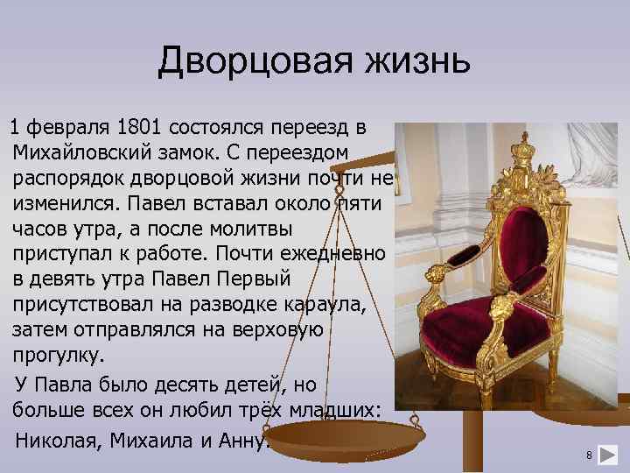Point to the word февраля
point(69,128)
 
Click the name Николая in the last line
point(58,439)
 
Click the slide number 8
point(590,455)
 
